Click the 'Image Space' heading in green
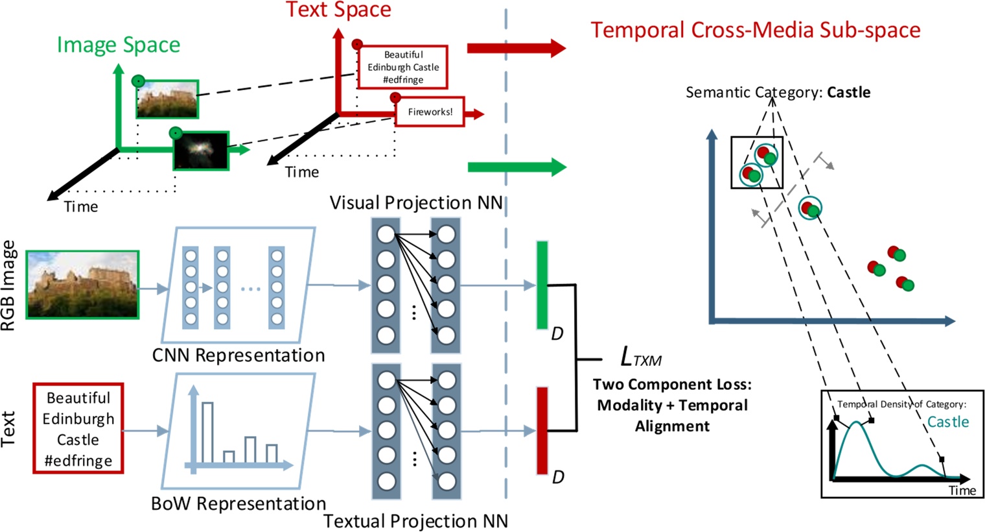click(119, 45)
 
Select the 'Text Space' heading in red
click(338, 10)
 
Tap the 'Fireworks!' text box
click(430, 112)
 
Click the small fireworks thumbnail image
click(201, 151)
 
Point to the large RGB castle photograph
click(82, 285)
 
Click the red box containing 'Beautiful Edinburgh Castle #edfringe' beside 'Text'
click(78, 428)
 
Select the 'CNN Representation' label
click(238, 356)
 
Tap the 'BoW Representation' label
click(238, 503)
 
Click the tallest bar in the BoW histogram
click(207, 432)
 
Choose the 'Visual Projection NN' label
click(416, 202)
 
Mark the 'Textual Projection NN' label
click(415, 521)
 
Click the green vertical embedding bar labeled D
click(542, 285)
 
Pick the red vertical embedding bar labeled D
click(542, 430)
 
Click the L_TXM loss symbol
click(640, 357)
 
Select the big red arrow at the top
click(516, 47)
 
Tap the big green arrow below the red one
click(516, 167)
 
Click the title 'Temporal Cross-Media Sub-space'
click(755, 30)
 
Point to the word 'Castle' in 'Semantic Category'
click(848, 92)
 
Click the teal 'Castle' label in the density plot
click(947, 422)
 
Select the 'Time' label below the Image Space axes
click(81, 207)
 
